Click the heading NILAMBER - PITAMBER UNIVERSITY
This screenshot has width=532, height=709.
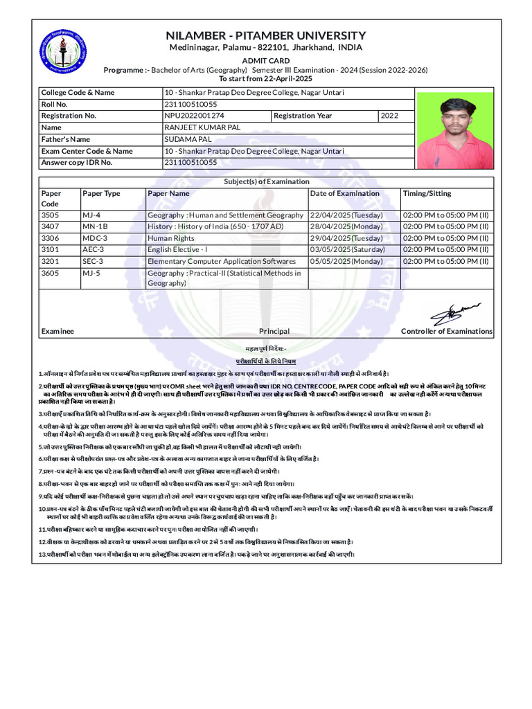click(265, 35)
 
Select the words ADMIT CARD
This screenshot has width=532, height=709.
click(265, 61)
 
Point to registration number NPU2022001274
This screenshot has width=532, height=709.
click(194, 116)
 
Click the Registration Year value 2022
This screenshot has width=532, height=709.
click(390, 116)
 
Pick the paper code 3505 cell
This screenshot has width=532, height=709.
click(51, 215)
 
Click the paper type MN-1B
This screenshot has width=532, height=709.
click(95, 226)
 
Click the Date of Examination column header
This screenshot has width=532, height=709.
click(344, 193)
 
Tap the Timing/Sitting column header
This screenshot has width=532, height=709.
click(427, 193)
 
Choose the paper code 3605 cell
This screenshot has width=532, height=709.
click(51, 273)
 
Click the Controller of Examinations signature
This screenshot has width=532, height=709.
click(451, 312)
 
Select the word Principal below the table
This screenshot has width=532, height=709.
click(274, 332)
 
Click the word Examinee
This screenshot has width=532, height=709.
click(57, 332)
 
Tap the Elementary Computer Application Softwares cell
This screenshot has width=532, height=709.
click(221, 262)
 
